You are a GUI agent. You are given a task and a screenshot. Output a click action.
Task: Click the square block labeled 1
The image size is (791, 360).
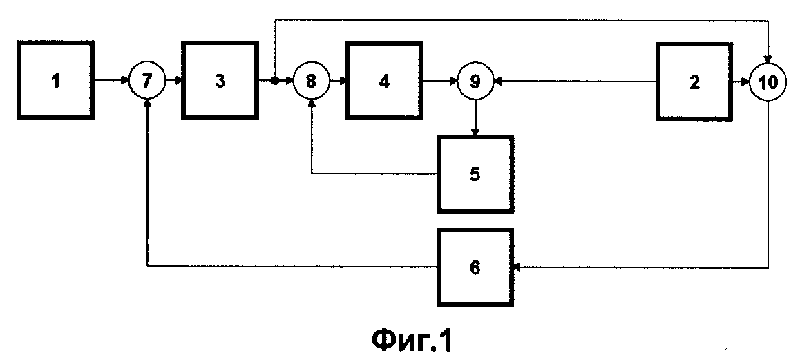(x=57, y=80)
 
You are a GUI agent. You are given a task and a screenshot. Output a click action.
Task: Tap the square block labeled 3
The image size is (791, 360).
(x=220, y=81)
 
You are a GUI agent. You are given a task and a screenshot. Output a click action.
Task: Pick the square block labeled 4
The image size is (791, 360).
(x=384, y=81)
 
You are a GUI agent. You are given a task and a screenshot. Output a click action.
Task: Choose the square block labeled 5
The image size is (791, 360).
(x=475, y=173)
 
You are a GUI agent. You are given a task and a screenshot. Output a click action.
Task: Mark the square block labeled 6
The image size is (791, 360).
(x=475, y=267)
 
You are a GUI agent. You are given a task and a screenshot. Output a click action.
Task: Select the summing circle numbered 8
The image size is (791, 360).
(x=311, y=81)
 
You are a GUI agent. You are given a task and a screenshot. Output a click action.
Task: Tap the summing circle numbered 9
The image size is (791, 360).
(x=475, y=81)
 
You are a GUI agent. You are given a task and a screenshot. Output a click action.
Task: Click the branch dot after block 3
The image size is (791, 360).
(x=274, y=81)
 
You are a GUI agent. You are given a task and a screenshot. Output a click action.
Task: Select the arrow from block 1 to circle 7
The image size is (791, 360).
(x=113, y=81)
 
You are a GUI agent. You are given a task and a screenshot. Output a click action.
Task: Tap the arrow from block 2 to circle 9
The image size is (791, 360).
(x=573, y=81)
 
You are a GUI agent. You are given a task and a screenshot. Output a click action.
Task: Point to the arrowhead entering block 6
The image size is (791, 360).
(x=517, y=267)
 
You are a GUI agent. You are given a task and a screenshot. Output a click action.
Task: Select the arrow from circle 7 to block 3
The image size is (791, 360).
(x=173, y=81)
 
